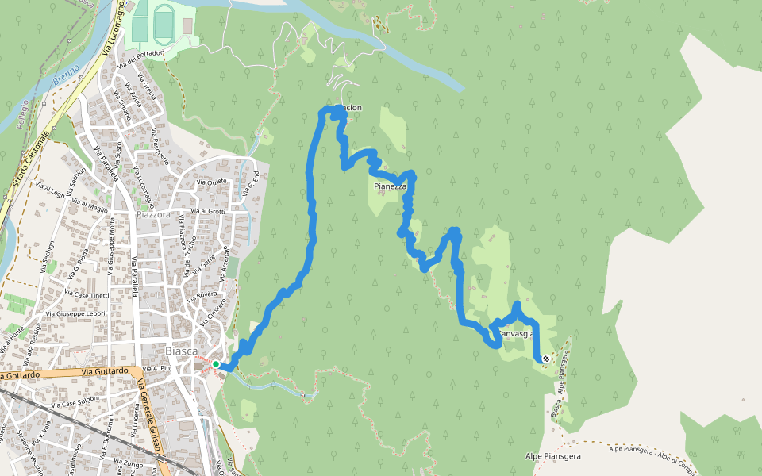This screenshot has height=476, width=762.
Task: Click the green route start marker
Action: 216,364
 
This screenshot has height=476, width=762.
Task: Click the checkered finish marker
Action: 546,359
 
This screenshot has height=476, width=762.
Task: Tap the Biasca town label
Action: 182,351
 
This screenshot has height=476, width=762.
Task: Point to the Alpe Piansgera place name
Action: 553,456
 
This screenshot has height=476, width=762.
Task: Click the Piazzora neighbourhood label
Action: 153,214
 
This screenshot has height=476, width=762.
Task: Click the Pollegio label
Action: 24,114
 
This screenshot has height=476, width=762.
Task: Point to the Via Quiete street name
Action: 211,181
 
